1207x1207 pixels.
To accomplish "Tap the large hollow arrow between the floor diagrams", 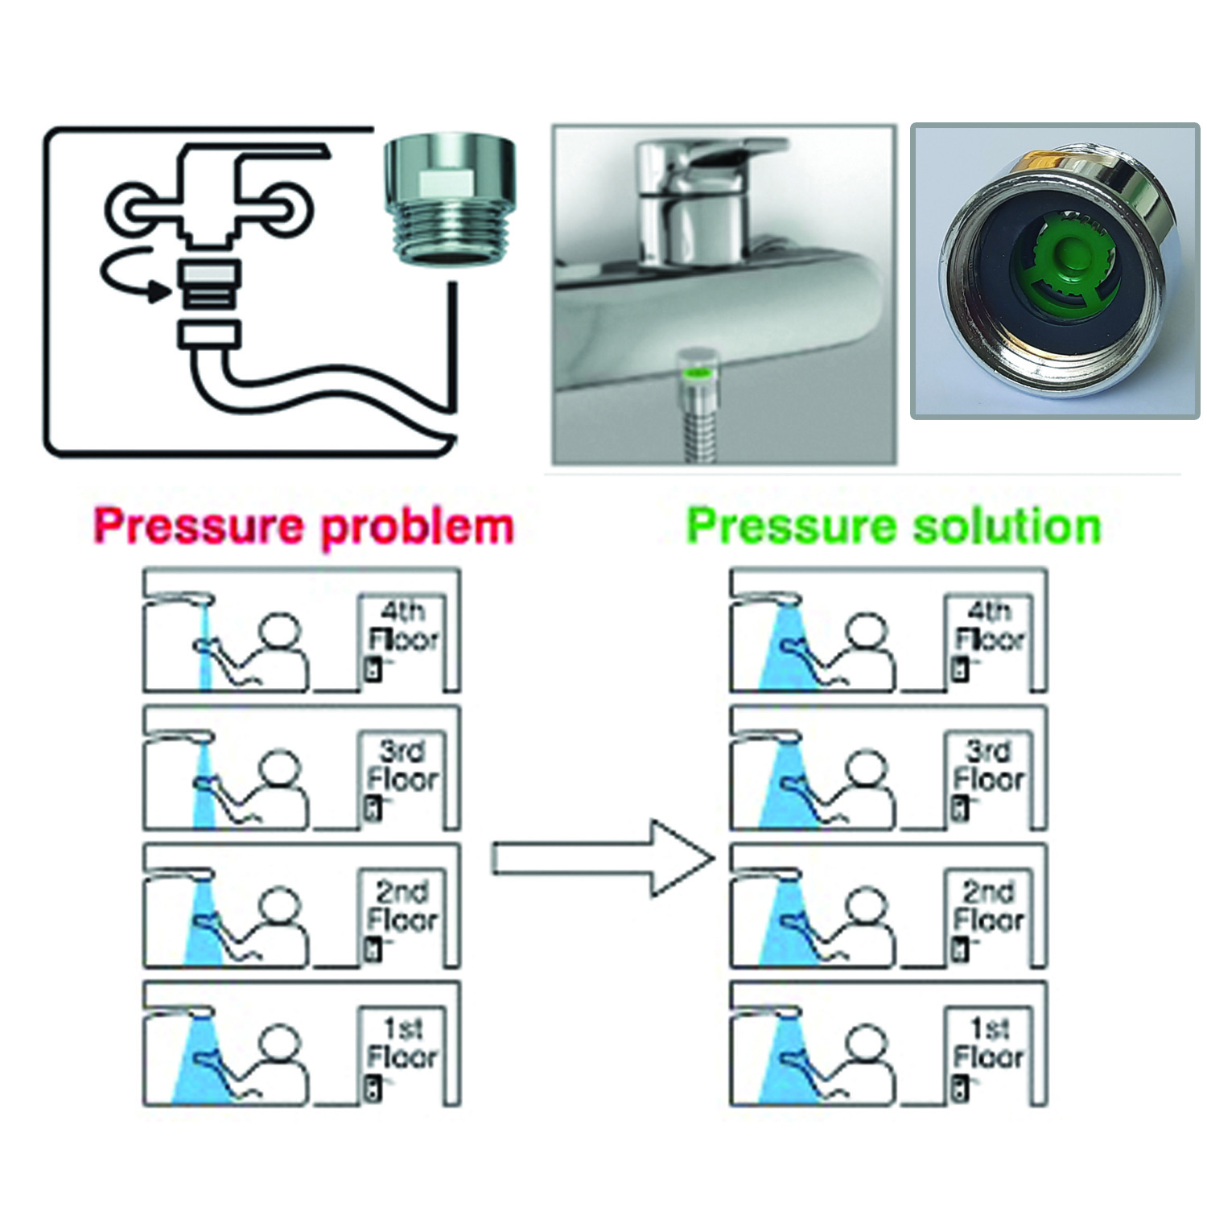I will pyautogui.click(x=603, y=859).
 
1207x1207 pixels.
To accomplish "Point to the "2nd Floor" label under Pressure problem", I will pyautogui.click(x=403, y=906).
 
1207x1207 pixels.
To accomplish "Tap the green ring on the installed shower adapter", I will pyautogui.click(x=698, y=373).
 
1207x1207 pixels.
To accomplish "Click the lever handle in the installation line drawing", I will pyautogui.click(x=282, y=153).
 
